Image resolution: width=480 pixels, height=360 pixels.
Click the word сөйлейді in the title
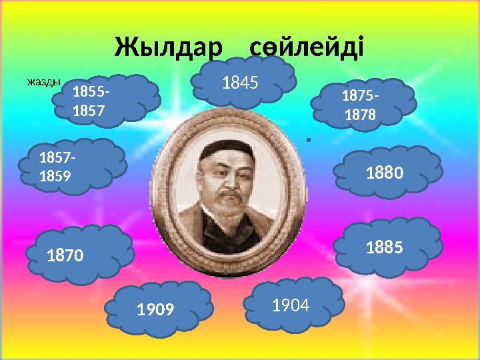click(307, 47)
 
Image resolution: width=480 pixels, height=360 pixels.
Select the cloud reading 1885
click(393, 246)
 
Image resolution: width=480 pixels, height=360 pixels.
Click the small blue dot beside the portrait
click(308, 140)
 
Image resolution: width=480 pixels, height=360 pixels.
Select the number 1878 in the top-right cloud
click(360, 115)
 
